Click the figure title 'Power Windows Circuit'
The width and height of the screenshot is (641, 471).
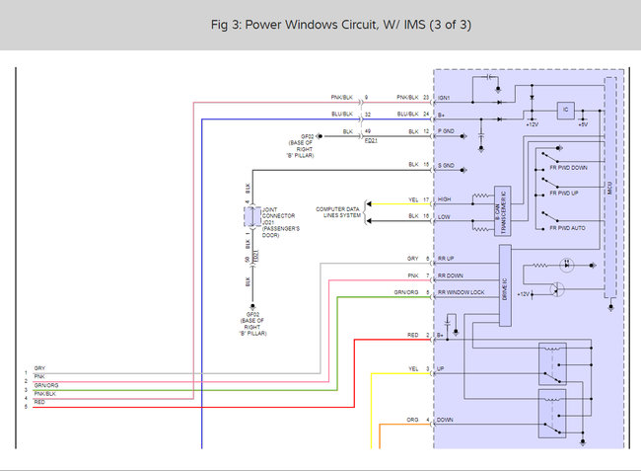320,24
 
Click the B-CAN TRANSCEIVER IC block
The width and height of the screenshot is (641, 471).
502,211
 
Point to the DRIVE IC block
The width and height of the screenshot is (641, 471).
504,286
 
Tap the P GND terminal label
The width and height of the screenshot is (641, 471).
445,131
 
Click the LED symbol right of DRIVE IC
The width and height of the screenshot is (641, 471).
566,266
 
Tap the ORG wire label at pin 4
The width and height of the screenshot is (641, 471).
412,420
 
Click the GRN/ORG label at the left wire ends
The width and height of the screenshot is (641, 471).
45,384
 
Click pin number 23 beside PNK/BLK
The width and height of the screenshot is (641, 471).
426,98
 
